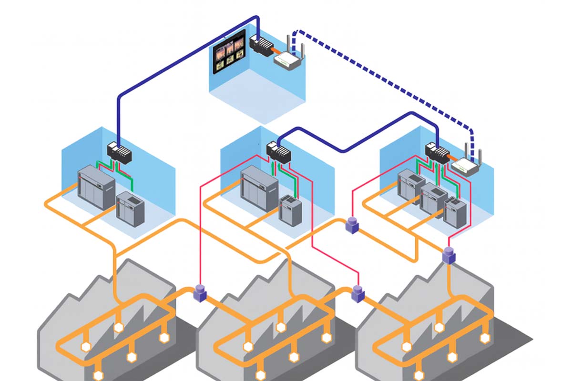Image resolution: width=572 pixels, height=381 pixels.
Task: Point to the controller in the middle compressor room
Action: [278, 153]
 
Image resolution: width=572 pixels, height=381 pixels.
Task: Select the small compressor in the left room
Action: [130, 204]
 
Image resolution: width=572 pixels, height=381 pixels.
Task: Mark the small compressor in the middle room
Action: [289, 209]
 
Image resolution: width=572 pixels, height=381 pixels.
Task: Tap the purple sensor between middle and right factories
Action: [357, 293]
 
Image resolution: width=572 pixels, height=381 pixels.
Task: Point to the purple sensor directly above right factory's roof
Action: [449, 255]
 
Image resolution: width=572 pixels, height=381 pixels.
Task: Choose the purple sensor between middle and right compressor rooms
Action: [352, 225]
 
